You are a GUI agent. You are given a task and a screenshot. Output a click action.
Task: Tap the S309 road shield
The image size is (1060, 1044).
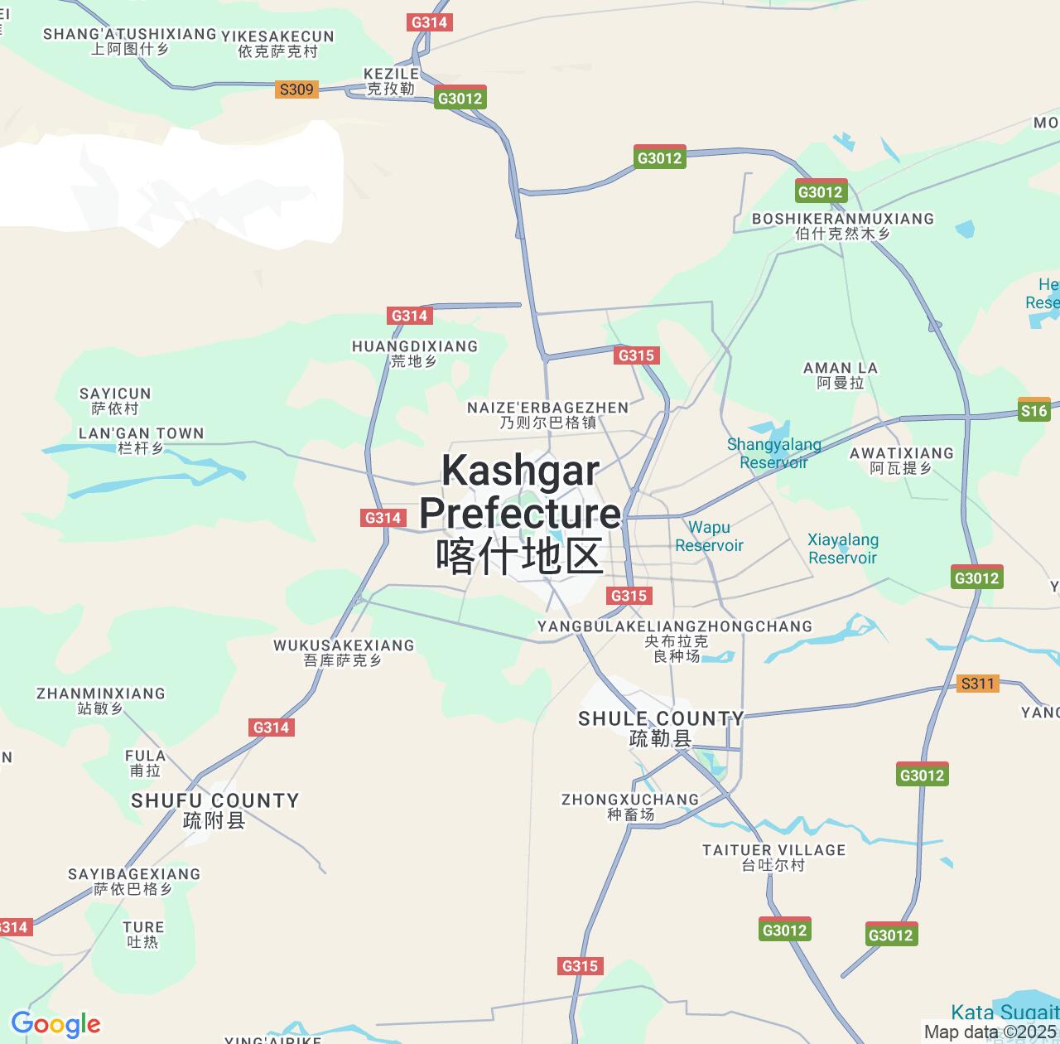(x=296, y=89)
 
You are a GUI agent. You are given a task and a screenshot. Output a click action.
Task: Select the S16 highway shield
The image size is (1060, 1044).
(x=1033, y=410)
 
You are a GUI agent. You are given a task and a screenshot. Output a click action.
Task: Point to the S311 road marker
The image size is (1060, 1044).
(x=977, y=684)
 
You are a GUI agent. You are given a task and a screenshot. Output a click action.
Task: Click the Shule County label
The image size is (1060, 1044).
(x=661, y=727)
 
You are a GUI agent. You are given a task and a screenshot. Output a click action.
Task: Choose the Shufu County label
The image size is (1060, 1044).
(x=214, y=810)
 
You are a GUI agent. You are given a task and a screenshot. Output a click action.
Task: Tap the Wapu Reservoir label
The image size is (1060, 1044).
(x=709, y=536)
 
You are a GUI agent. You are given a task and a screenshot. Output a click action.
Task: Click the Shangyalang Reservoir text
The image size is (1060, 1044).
(x=773, y=453)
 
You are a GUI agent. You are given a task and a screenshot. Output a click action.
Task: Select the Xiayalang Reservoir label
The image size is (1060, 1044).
(x=842, y=549)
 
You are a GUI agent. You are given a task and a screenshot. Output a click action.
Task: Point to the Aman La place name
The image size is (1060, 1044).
(x=841, y=375)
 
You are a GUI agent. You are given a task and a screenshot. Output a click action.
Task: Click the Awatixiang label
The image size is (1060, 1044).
(x=901, y=460)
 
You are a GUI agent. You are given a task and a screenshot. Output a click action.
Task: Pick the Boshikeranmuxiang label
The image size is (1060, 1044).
(x=842, y=225)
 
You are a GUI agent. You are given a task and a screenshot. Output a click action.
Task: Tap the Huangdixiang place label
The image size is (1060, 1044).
(x=414, y=353)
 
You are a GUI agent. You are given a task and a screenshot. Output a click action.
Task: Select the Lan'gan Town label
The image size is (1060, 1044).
(x=141, y=440)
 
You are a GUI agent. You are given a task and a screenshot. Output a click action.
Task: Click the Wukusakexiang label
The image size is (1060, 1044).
(x=343, y=652)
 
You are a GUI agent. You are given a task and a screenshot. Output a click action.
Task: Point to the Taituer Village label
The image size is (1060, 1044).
(x=773, y=857)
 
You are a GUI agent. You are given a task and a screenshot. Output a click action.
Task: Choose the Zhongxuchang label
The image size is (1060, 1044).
(x=630, y=806)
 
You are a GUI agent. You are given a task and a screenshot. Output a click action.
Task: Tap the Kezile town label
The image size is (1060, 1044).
(x=391, y=80)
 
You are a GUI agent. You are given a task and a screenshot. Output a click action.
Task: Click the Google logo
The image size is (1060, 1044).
(x=55, y=1024)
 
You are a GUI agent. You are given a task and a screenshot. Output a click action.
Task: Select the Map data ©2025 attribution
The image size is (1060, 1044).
(x=990, y=1032)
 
